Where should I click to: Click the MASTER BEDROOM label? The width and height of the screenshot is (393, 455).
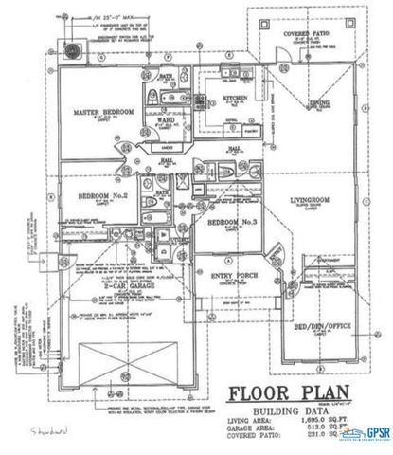coord(104,112)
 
